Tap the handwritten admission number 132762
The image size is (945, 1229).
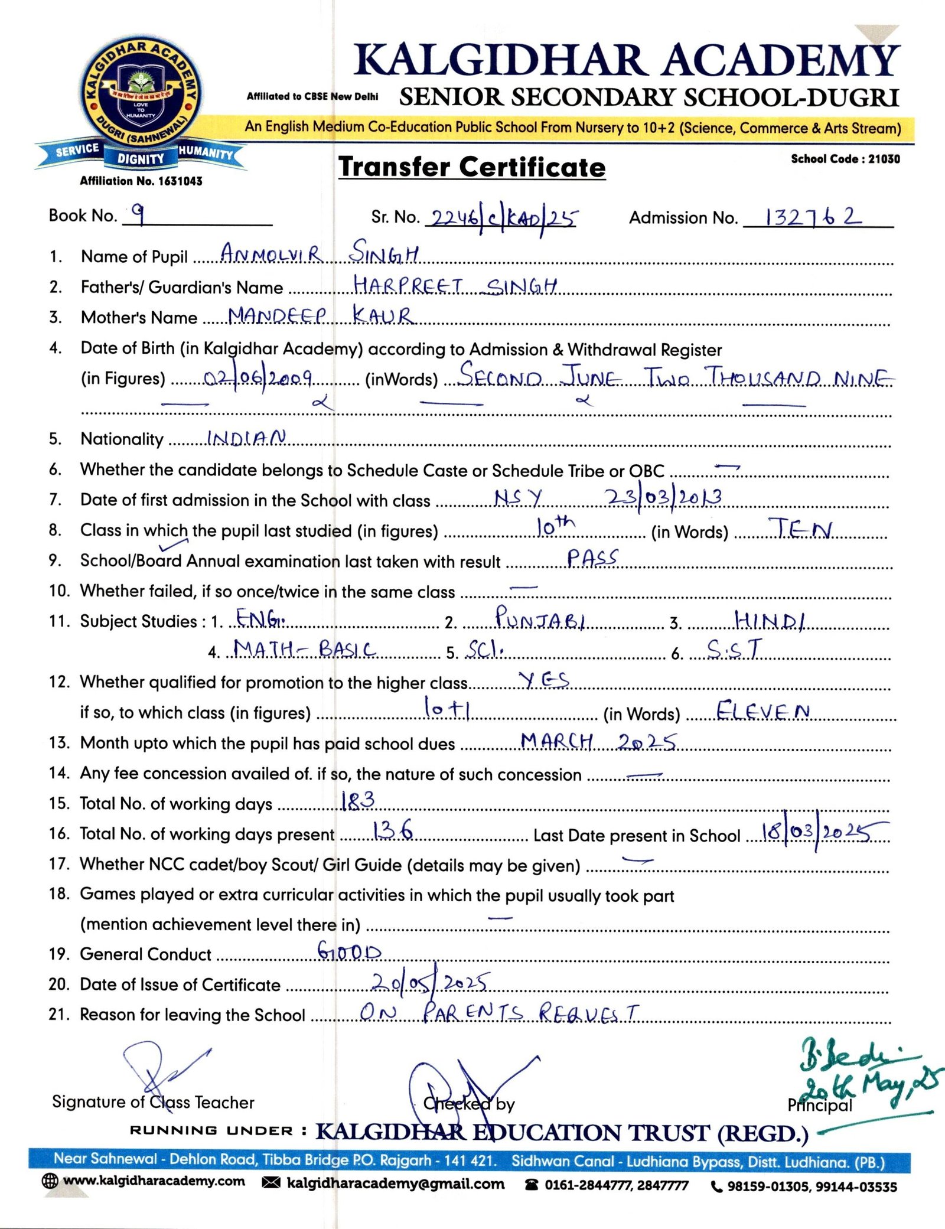click(813, 217)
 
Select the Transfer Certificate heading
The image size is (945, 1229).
click(472, 167)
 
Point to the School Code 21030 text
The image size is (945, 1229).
click(845, 159)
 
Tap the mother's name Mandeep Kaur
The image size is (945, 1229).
click(320, 315)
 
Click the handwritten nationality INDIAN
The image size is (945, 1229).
click(246, 438)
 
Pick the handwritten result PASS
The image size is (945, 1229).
click(592, 558)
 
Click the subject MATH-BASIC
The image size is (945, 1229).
click(305, 650)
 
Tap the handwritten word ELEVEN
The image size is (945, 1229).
click(762, 710)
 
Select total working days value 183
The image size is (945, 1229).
click(358, 801)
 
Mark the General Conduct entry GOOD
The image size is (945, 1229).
click(350, 951)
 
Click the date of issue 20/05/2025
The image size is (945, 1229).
click(429, 982)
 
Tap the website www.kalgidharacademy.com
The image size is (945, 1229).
click(154, 1181)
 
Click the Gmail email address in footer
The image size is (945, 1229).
click(395, 1184)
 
